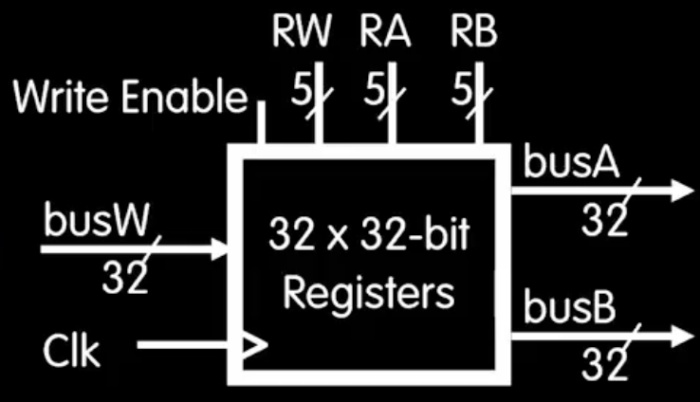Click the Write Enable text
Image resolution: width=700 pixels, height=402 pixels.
(x=130, y=96)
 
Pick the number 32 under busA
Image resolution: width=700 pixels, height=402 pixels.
(x=605, y=221)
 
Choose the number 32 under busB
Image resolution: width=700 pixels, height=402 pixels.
(x=605, y=364)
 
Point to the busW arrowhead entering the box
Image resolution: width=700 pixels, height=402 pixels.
(x=223, y=250)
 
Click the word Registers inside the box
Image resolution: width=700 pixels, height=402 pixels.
(x=369, y=295)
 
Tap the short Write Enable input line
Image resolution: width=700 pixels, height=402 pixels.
(x=260, y=125)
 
